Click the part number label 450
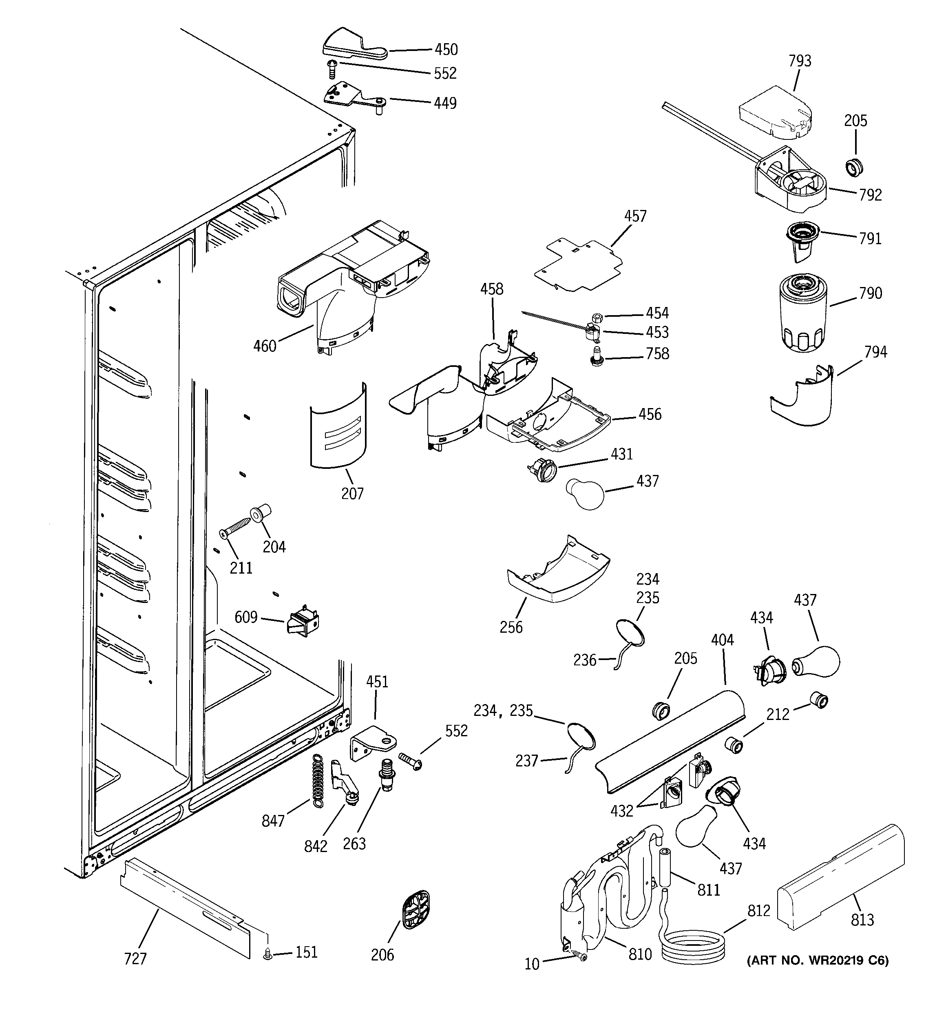pos(446,49)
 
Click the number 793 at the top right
pos(800,61)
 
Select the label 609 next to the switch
pos(246,617)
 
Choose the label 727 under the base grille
pos(135,959)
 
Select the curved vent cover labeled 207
pos(338,427)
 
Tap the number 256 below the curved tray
pos(511,627)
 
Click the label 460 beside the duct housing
pos(265,346)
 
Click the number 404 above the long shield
pos(722,640)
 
